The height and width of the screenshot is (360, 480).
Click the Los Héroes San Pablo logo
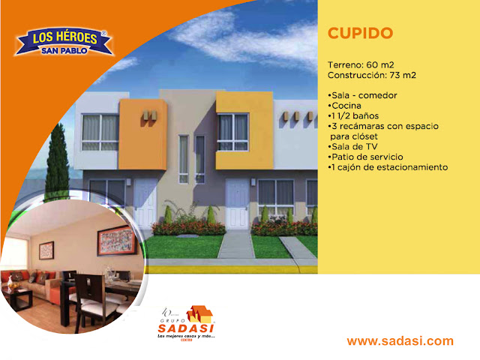coord(64,41)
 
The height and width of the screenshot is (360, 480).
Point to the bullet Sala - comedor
coord(362,96)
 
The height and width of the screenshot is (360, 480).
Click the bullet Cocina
coord(345,106)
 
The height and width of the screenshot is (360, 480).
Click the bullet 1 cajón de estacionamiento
coord(387,167)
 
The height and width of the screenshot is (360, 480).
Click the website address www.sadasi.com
coord(400,341)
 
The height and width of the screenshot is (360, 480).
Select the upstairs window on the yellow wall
coord(233,130)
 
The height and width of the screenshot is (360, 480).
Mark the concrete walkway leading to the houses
coord(235,244)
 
